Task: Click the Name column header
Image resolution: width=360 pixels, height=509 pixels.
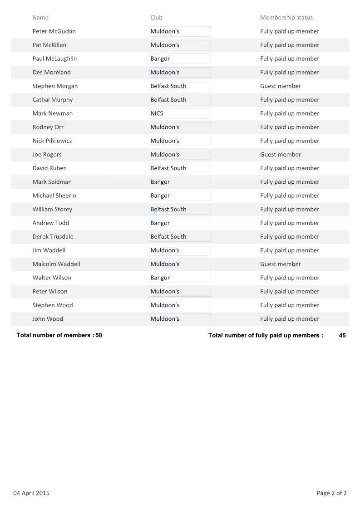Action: pos(40,18)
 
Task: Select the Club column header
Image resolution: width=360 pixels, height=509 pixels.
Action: pos(156,18)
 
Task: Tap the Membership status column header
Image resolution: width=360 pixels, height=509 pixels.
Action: pos(286,18)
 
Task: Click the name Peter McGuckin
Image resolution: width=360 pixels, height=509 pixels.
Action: pos(54,31)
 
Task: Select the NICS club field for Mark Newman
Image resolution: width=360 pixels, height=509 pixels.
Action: pos(180,113)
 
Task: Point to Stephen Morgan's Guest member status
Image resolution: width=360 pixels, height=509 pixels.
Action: pos(280,86)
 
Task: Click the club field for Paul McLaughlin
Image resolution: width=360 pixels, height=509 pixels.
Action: pos(180,59)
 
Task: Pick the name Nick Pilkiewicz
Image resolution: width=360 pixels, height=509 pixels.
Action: pos(52,141)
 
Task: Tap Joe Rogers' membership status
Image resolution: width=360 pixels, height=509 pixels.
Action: pos(280,155)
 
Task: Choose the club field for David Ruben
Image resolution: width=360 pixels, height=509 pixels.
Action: pos(180,168)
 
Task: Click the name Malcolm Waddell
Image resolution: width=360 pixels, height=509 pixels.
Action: pos(56,264)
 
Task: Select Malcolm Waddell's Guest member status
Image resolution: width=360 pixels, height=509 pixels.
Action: pos(280,264)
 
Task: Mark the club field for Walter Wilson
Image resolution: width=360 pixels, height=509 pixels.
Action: pos(180,278)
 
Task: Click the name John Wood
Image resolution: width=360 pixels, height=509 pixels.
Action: pos(48,319)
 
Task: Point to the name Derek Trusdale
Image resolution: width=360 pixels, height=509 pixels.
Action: pos(53,237)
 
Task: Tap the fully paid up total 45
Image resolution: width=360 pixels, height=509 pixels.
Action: pos(342,336)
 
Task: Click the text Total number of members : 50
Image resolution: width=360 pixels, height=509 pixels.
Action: pos(59,336)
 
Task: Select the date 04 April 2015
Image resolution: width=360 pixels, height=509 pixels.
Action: pos(31,493)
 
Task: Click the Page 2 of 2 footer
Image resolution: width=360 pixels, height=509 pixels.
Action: pos(331,493)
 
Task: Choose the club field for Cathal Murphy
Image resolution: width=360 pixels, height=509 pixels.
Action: pos(180,100)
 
